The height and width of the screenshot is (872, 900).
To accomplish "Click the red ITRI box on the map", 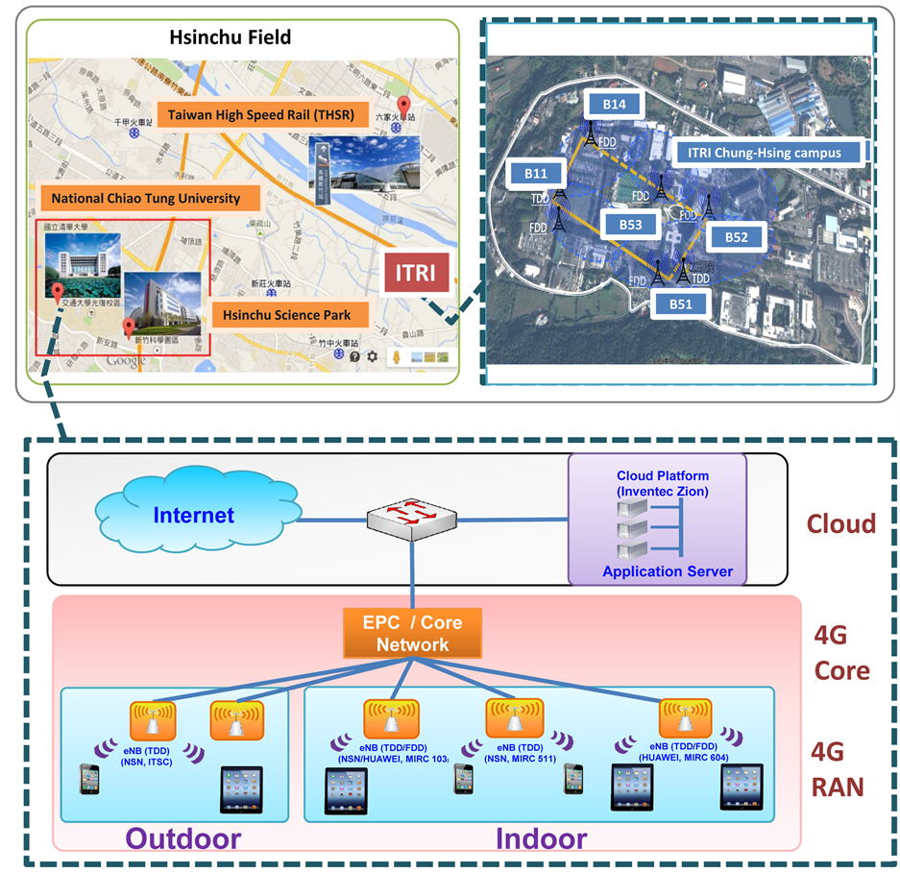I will tap(415, 273).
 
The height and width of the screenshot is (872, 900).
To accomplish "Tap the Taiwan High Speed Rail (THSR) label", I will tap(261, 116).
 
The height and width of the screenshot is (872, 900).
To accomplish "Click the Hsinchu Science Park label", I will tap(286, 315).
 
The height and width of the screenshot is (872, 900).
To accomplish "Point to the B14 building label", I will tap(615, 104).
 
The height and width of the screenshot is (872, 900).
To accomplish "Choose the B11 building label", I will tap(536, 173).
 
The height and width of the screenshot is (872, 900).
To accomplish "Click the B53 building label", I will tap(630, 225).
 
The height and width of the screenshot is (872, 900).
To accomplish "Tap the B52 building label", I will tap(736, 236).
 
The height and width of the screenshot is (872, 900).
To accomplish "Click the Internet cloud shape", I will tap(193, 515).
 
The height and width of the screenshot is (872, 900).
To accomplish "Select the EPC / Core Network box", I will tap(412, 634).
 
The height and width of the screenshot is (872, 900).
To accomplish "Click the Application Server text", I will tap(668, 571).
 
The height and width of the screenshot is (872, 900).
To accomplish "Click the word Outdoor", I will tap(183, 837).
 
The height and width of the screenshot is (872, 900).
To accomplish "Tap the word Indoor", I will tap(541, 837).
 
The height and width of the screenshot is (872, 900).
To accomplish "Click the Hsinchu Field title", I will tap(231, 38).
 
